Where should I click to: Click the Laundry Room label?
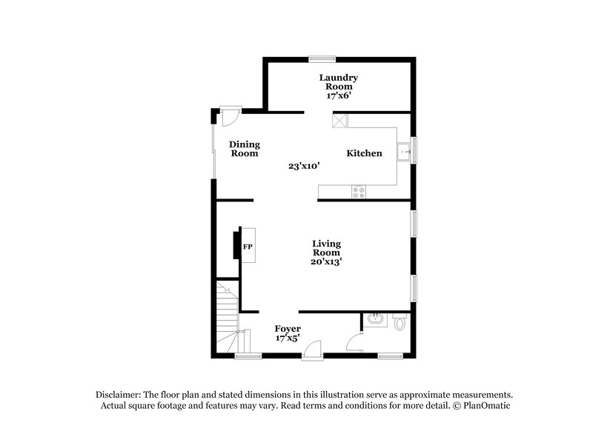(339, 81)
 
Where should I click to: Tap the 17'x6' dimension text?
(339, 96)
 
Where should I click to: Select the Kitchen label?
(365, 153)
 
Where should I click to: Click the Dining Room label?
(244, 149)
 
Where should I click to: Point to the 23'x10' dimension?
(304, 167)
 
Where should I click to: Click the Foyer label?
(288, 328)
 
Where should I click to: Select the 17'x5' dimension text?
(288, 338)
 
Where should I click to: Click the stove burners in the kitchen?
(360, 192)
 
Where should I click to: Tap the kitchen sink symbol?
(404, 152)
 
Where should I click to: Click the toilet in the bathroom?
(400, 323)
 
